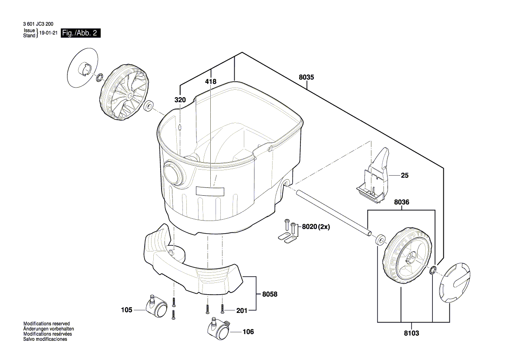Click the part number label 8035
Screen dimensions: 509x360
306,77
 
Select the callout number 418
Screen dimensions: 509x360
211,82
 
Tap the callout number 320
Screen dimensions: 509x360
180,100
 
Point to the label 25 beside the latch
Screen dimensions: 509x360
405,176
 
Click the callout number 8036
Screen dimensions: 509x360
401,202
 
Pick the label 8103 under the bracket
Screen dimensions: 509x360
411,333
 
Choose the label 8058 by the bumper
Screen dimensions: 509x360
270,294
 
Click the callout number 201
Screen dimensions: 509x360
242,311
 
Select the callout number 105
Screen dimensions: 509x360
127,310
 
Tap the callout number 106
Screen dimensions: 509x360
248,332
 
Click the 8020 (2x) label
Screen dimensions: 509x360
316,227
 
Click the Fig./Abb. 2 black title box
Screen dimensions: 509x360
81,33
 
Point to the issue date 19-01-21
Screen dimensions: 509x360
49,33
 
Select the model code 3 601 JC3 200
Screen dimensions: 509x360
38,24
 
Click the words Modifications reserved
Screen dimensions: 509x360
47,324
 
